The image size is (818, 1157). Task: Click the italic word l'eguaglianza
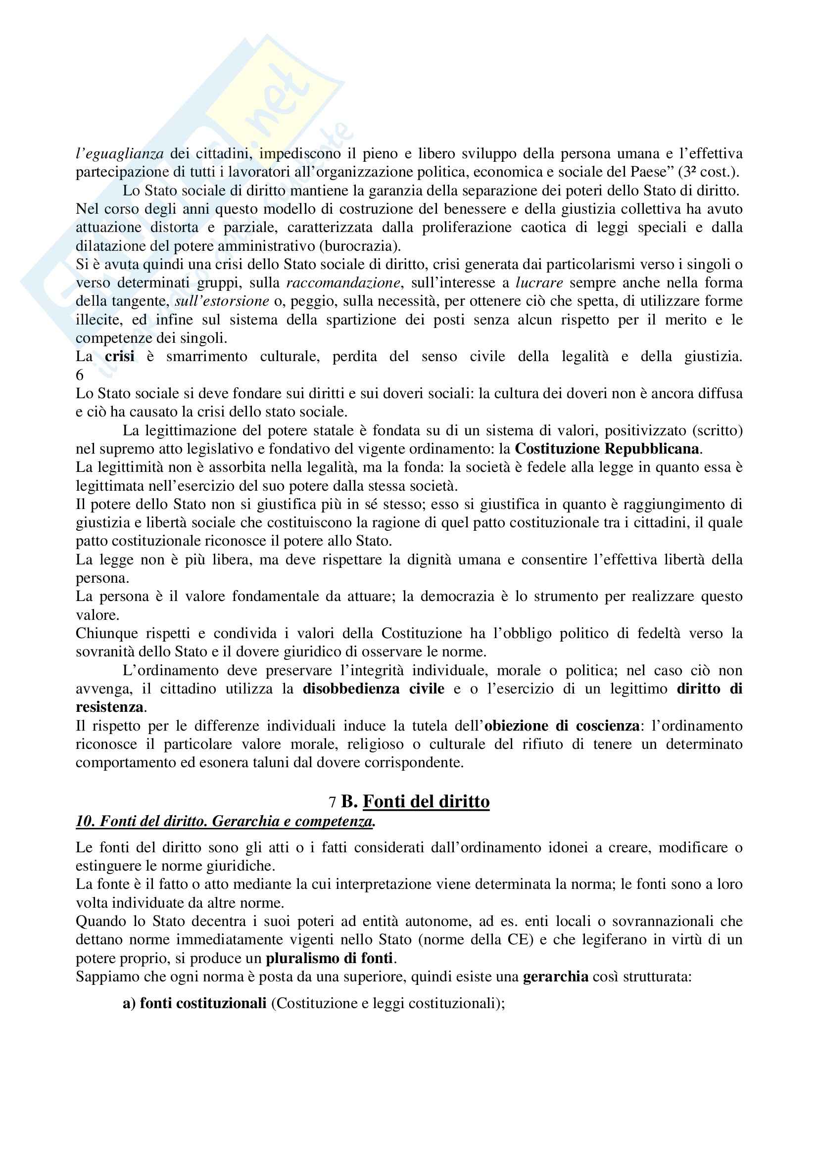119,153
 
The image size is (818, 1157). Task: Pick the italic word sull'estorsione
222,301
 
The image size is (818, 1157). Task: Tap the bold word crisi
119,356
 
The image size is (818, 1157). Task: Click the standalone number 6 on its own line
80,375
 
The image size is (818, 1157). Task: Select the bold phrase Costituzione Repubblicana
607,449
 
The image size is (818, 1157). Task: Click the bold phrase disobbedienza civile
374,689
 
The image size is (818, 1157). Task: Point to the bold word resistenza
109,707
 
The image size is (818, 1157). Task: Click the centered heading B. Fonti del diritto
415,801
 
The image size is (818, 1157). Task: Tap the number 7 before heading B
332,802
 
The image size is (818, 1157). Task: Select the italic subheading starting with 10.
225,822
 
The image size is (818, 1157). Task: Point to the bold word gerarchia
555,976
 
